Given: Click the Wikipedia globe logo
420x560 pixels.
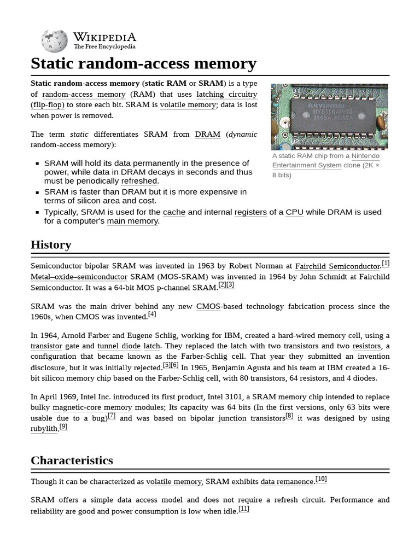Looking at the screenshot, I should tap(54, 42).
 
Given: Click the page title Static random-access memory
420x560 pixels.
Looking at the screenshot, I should tap(143, 64).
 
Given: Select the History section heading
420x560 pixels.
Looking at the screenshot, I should tap(51, 244).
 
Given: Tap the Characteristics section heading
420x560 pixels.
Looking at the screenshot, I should tap(72, 460).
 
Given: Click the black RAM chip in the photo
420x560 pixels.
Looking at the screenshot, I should tap(330, 115).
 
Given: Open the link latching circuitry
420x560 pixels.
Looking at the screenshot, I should tap(226, 94).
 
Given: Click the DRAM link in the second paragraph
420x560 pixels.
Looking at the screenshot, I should tap(207, 134).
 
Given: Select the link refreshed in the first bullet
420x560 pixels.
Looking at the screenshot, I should tap(139, 181).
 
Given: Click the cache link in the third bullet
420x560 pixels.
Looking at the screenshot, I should tap(174, 212).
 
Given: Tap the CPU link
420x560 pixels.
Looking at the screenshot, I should tap(294, 212).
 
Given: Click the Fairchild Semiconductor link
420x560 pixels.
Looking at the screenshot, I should tap(337, 266).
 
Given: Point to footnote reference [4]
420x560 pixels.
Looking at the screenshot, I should tap(152, 314).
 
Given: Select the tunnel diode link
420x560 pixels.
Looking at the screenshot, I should tap(119, 346).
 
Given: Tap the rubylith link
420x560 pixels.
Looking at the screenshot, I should tap(44, 429).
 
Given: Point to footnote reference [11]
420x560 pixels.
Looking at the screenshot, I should tap(243, 509).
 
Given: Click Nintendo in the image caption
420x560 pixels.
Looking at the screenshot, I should tap(365, 156).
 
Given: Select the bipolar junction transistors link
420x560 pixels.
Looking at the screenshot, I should tap(237, 418).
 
